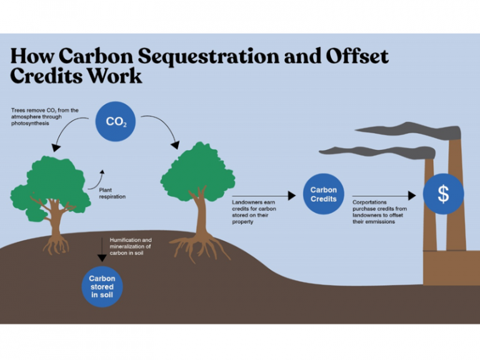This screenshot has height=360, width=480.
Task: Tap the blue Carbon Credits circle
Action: pyautogui.click(x=323, y=194)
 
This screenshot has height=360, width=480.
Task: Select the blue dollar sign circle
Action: pyautogui.click(x=443, y=194)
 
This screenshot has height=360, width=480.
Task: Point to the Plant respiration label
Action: pyautogui.click(x=112, y=192)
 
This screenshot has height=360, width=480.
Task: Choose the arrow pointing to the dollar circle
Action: pyautogui.click(x=382, y=196)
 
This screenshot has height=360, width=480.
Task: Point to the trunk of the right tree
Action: pyautogui.click(x=201, y=216)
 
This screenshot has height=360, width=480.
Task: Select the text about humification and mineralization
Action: pyautogui.click(x=131, y=246)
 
